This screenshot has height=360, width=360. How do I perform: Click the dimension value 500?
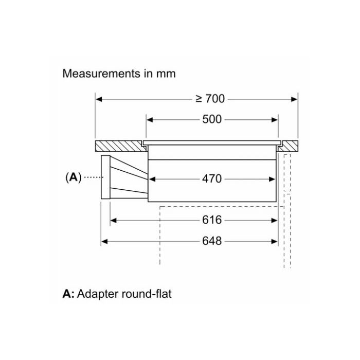(x=212, y=119)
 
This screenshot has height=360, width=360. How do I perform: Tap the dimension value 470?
(x=212, y=179)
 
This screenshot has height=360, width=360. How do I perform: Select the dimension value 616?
(x=212, y=220)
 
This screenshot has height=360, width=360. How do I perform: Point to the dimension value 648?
(x=212, y=241)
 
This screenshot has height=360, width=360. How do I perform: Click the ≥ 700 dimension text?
(x=210, y=99)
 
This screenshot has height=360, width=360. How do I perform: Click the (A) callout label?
(x=73, y=177)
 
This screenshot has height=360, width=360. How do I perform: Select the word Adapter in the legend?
(x=99, y=294)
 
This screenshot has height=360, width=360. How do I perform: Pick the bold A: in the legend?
(x=68, y=294)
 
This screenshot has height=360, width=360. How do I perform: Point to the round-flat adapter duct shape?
(x=126, y=177)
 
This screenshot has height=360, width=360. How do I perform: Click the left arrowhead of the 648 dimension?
(x=103, y=241)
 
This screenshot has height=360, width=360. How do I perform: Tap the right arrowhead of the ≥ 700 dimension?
(x=295, y=99)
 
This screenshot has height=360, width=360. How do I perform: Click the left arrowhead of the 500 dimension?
(x=150, y=119)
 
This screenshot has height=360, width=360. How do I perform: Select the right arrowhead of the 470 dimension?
(x=275, y=179)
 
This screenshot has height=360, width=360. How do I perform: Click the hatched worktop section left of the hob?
(x=118, y=145)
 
